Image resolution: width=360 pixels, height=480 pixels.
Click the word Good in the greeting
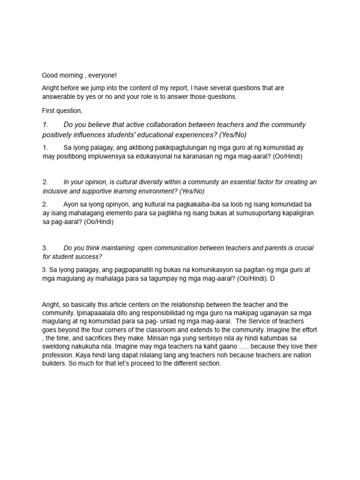click(50, 75)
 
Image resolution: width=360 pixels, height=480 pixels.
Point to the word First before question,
click(49, 111)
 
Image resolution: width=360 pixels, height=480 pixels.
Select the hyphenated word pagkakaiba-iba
click(173, 204)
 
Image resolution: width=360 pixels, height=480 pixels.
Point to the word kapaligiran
click(295, 213)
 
